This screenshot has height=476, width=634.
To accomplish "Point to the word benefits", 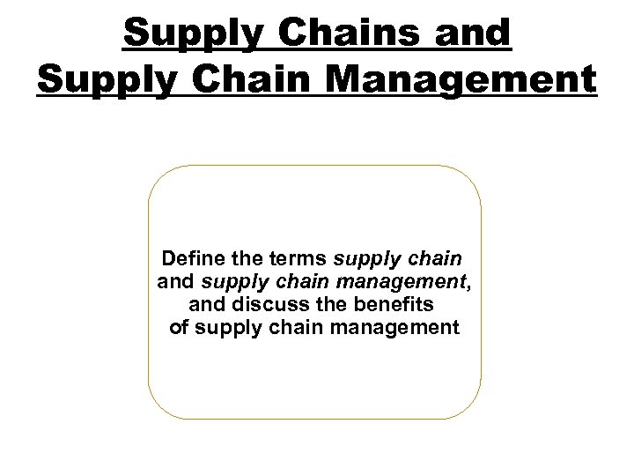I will pos(395,305).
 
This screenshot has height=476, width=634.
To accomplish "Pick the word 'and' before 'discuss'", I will pos(208,305).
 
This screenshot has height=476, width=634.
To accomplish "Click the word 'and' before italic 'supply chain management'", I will pos(176,282).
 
